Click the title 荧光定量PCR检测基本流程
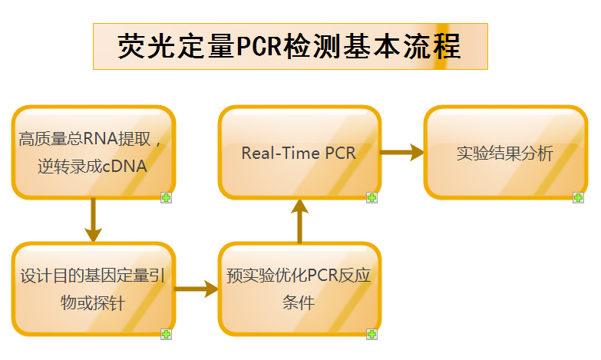pos(289,46)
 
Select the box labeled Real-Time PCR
pos(299,153)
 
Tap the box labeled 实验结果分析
pos(504,153)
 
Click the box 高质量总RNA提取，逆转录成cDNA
pos(93,153)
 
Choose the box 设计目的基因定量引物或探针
pos(93,289)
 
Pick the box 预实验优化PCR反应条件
pos(299,289)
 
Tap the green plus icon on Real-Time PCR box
pos(372,197)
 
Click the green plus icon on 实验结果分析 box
pos(578,197)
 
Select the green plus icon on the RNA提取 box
pos(166,197)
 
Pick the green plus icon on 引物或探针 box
pos(166,334)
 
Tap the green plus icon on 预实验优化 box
pos(372,334)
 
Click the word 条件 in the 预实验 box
pos(299,302)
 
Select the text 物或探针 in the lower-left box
pos(93,303)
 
